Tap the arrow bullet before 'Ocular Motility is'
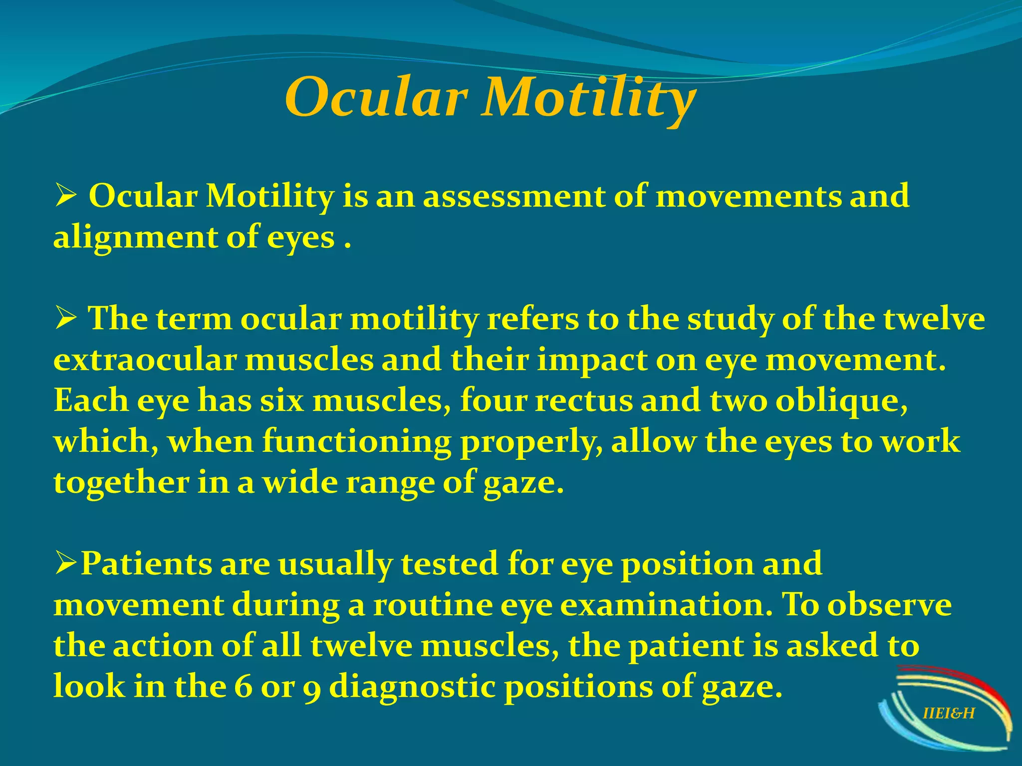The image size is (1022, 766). (65, 196)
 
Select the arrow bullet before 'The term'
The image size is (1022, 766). (65, 319)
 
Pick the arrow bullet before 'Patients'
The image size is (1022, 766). (65, 564)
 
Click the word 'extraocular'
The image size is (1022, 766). (144, 360)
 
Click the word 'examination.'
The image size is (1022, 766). (667, 605)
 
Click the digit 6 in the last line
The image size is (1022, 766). (243, 687)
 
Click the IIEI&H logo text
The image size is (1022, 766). (948, 714)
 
